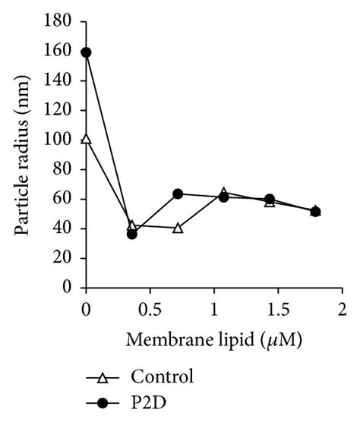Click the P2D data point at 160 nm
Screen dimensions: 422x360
click(x=86, y=52)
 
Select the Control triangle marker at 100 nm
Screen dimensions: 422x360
click(x=86, y=140)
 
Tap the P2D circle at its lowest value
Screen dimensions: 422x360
click(x=131, y=234)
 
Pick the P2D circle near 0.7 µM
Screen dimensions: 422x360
click(x=178, y=194)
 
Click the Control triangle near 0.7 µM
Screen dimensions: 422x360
click(x=178, y=228)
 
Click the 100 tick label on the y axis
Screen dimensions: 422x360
click(x=62, y=140)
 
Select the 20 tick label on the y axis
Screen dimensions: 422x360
click(x=66, y=259)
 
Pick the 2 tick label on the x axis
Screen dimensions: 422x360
click(x=342, y=310)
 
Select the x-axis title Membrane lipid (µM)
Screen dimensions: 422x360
click(x=216, y=341)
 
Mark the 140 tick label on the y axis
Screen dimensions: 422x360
click(x=62, y=81)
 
